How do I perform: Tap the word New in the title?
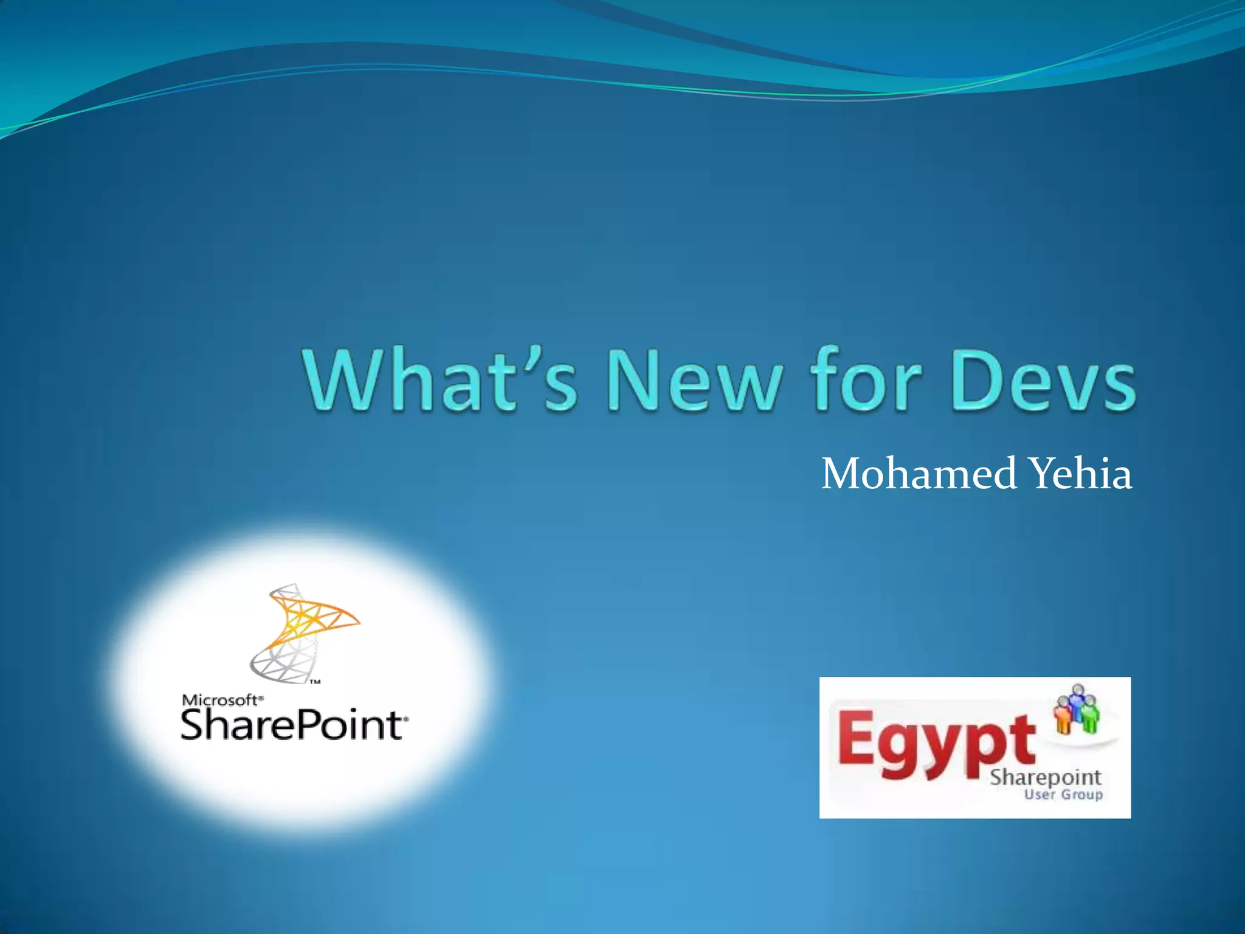pos(694,381)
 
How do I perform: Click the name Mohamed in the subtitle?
pos(918,474)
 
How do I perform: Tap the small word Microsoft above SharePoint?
pos(220,700)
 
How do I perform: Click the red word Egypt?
pos(936,745)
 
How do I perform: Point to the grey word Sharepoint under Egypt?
pos(1046,777)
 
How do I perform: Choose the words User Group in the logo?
pos(1063,794)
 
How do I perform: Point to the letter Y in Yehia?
pos(1042,474)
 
